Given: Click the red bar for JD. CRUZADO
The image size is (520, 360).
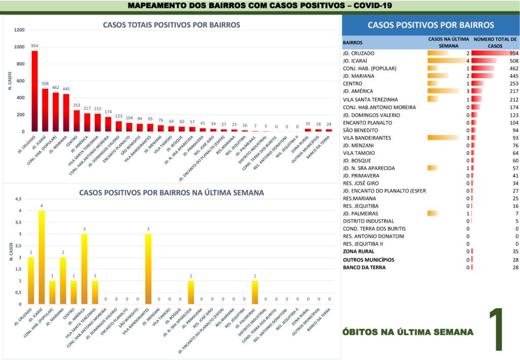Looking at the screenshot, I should click(x=35, y=91).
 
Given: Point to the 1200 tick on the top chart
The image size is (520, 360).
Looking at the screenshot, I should click(x=19, y=30).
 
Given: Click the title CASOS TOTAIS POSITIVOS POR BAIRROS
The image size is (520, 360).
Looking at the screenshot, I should click(x=172, y=24).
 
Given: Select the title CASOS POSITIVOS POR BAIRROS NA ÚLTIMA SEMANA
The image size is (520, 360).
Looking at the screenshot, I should click(x=172, y=192).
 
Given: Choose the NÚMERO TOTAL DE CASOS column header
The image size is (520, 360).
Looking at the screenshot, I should click(x=495, y=42).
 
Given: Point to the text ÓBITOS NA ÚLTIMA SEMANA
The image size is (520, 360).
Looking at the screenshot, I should click(x=408, y=332).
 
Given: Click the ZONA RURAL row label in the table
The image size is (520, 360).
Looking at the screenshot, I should click(x=359, y=251).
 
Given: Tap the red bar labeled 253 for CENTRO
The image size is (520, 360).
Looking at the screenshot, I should click(x=77, y=121).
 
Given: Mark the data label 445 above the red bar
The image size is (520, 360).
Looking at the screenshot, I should click(x=66, y=89).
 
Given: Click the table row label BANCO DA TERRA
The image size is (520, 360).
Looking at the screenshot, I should click(x=364, y=267).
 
